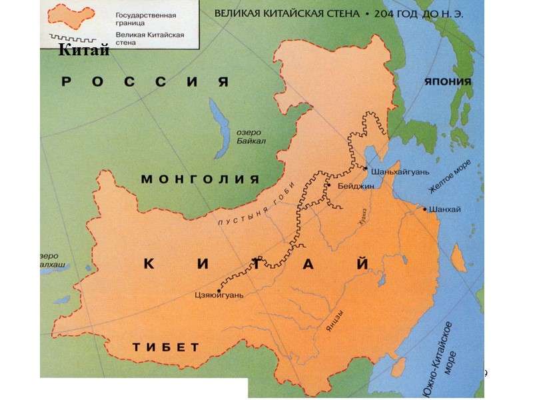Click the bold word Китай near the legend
pos(83,50)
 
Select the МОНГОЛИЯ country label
pos(200,179)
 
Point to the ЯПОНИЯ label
pos(448,82)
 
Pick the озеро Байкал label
pos(251,137)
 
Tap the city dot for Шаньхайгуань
pos(365,167)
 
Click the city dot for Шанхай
pos(424,209)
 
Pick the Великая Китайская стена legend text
pos(149,38)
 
